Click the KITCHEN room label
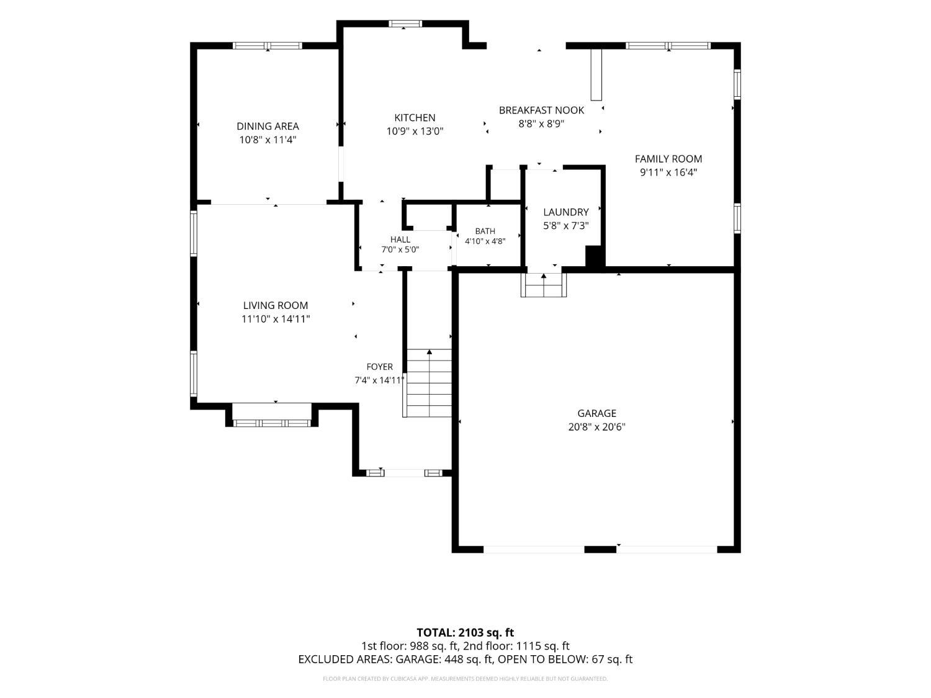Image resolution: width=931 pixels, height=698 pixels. pyautogui.click(x=415, y=117)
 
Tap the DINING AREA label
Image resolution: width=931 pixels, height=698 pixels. pyautogui.click(x=268, y=126)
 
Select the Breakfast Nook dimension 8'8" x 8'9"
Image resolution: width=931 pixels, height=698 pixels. pyautogui.click(x=541, y=123)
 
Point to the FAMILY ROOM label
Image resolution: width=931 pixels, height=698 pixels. pyautogui.click(x=668, y=158)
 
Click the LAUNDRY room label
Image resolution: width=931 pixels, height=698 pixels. pyautogui.click(x=566, y=212)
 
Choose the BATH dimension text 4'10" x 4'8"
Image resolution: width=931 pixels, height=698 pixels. pyautogui.click(x=485, y=241)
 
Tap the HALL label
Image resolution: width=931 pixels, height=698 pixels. pyautogui.click(x=400, y=239)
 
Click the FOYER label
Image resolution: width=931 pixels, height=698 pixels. pyautogui.click(x=380, y=367)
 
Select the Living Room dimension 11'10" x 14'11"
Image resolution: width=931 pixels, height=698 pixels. pyautogui.click(x=276, y=319)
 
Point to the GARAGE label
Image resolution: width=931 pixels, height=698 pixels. pyautogui.click(x=596, y=413)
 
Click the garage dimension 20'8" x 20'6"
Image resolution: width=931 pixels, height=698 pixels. pyautogui.click(x=596, y=426)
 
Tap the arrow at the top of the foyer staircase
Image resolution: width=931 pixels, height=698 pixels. pyautogui.click(x=430, y=352)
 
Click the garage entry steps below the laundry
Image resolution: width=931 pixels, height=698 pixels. pyautogui.click(x=544, y=284)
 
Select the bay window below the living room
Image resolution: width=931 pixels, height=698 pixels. pyautogui.click(x=272, y=423)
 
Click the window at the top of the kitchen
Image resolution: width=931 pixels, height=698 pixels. pyautogui.click(x=405, y=24)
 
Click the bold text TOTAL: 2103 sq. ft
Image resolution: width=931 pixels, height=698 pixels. pyautogui.click(x=465, y=633)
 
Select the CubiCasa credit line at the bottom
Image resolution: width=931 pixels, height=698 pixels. pyautogui.click(x=465, y=679)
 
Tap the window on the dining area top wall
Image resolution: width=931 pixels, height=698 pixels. pyautogui.click(x=268, y=45)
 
